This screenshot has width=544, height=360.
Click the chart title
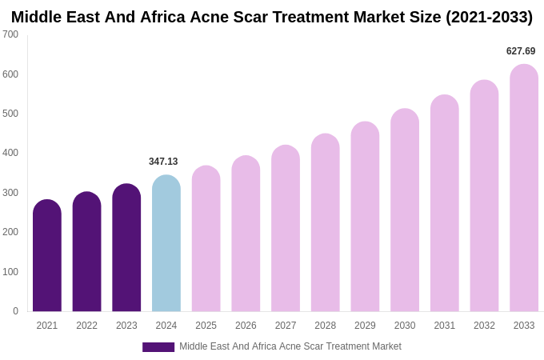tap(272, 17)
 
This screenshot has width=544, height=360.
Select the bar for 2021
tap(47, 256)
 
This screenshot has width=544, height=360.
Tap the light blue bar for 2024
tap(166, 244)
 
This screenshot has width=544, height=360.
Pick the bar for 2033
tap(524, 188)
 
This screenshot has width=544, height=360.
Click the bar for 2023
tap(126, 248)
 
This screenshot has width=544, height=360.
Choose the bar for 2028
tap(326, 223)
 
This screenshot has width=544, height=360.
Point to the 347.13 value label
tap(163, 162)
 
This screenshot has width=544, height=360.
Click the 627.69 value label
tap(521, 51)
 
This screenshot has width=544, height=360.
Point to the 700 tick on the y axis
tap(10, 34)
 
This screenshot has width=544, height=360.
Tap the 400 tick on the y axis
tap(10, 153)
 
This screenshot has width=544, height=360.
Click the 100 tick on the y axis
tap(10, 272)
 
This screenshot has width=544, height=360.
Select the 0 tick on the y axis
tap(15, 311)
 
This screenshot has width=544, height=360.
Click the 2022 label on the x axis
tap(86, 326)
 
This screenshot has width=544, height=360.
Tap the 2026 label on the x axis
tap(246, 326)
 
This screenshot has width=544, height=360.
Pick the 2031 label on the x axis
tap(445, 326)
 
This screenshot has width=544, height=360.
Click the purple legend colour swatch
tap(158, 347)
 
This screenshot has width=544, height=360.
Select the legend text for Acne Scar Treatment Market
tap(290, 346)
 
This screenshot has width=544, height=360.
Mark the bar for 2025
tap(206, 239)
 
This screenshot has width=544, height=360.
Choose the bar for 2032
tap(484, 196)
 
